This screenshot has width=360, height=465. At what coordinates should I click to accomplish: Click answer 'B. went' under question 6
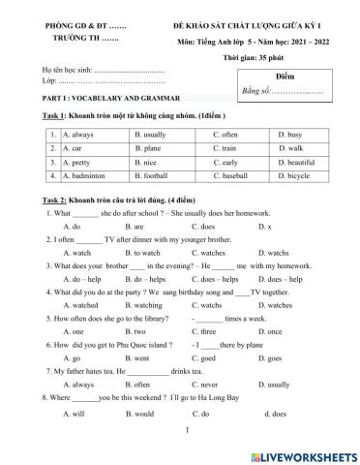pos(145,357)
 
